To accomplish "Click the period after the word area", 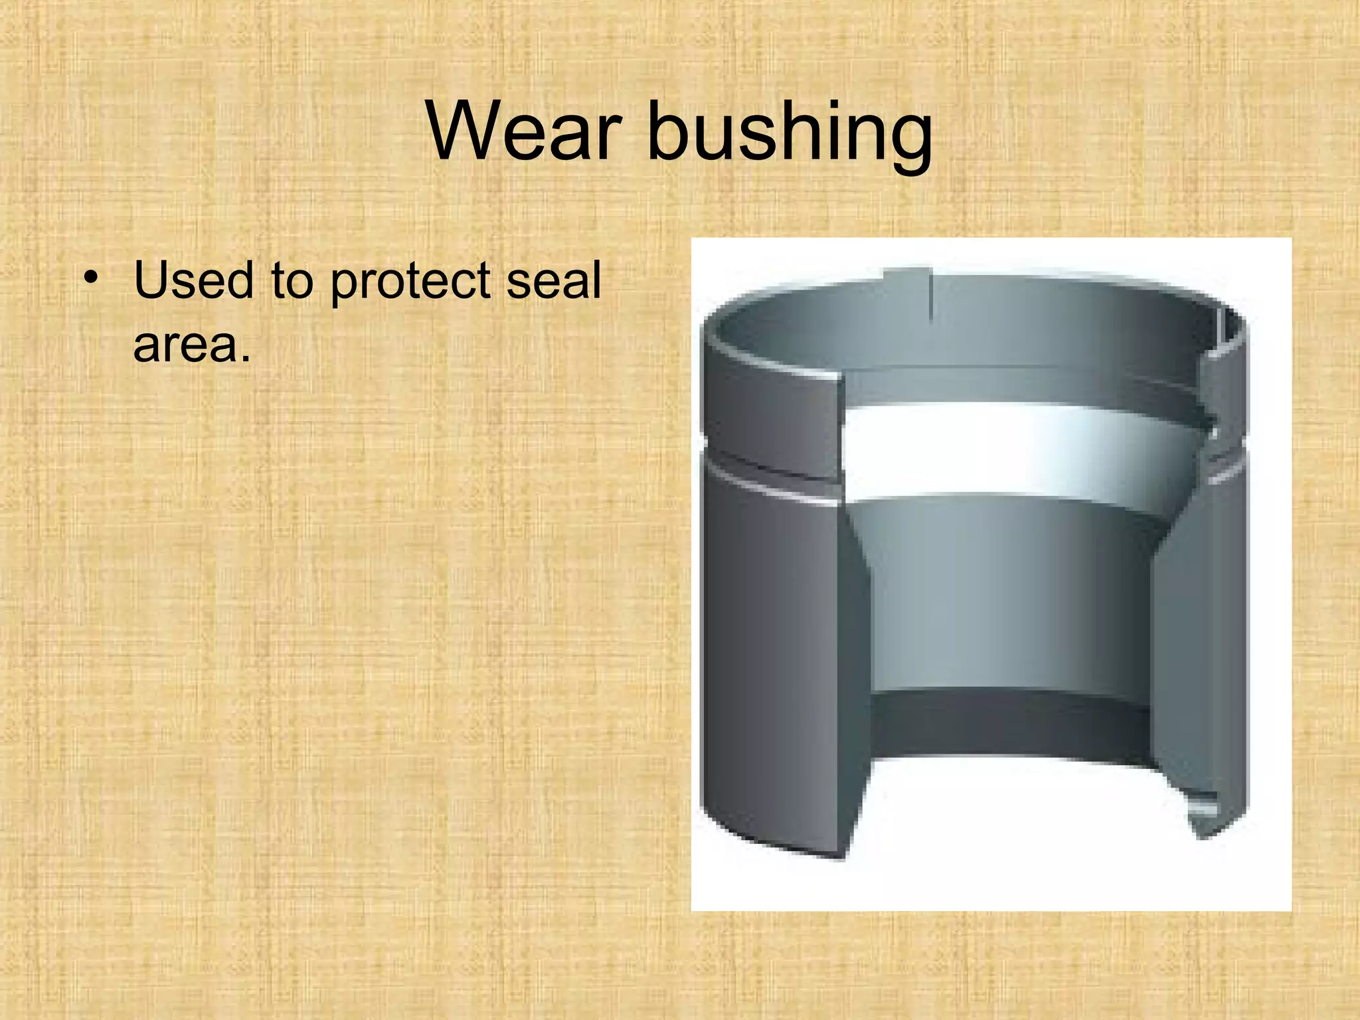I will [x=246, y=359].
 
